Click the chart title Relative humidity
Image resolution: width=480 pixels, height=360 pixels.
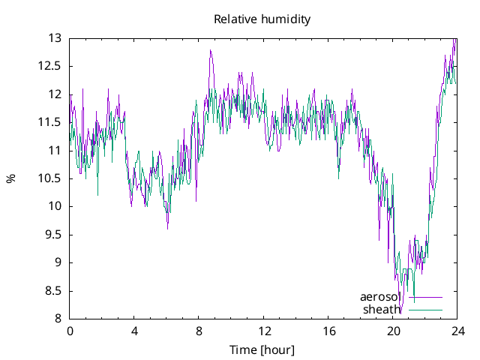(x=262, y=19)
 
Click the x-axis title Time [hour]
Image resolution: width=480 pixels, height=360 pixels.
(x=262, y=350)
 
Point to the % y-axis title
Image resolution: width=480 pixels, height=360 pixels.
(x=10, y=178)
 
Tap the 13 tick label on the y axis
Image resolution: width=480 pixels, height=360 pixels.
(x=54, y=37)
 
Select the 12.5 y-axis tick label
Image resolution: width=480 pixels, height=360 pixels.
(x=49, y=66)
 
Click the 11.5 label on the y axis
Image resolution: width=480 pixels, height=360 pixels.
(x=49, y=122)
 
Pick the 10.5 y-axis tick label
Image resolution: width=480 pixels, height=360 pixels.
(x=49, y=178)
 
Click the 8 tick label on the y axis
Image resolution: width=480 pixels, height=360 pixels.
(x=58, y=319)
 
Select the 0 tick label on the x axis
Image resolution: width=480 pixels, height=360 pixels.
(x=70, y=331)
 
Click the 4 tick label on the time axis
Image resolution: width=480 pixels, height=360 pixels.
(x=134, y=331)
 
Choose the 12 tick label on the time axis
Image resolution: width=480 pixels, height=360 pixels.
(x=264, y=331)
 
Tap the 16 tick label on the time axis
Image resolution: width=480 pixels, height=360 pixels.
(x=328, y=331)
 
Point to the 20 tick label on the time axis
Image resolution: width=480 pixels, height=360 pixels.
(x=393, y=331)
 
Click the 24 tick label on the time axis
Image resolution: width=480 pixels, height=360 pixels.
(x=457, y=331)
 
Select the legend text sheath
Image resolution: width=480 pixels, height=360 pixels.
(x=382, y=309)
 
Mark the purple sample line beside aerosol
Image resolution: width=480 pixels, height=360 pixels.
(x=425, y=298)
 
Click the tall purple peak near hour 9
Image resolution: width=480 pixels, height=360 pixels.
(x=211, y=50)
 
